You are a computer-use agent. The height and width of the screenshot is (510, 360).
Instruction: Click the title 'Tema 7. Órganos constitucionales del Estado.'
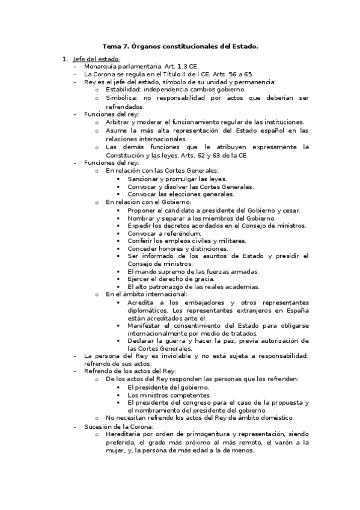[x=180, y=46]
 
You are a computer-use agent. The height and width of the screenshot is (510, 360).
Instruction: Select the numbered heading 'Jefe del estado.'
[x=96, y=59]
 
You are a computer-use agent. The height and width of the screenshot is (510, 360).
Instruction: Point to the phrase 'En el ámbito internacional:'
[x=147, y=295]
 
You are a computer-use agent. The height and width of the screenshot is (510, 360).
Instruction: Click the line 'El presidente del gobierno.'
[x=166, y=387]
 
